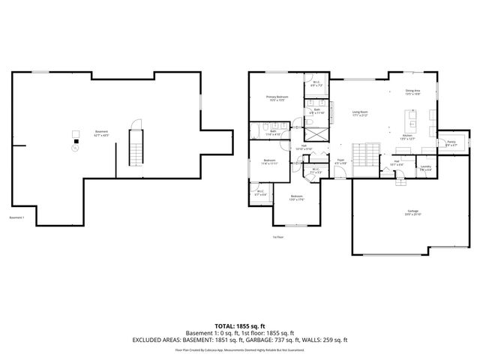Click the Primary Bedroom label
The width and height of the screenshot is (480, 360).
[x=277, y=98]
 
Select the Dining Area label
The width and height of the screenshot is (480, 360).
[x=412, y=92]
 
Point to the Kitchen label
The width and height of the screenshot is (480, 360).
[x=407, y=138]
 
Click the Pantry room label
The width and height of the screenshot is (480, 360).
[x=451, y=143]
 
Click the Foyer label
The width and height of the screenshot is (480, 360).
[x=340, y=160]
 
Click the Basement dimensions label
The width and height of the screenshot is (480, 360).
[x=100, y=133]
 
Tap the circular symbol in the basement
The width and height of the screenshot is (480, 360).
[x=74, y=148]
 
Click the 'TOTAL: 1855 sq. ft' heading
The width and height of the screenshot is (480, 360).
[x=240, y=325]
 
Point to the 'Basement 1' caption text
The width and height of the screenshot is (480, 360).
[x=17, y=218]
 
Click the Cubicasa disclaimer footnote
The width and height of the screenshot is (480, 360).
[x=240, y=349]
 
